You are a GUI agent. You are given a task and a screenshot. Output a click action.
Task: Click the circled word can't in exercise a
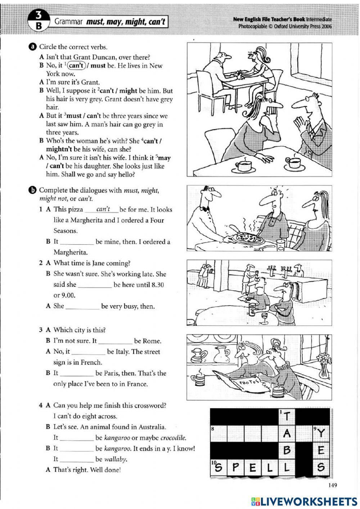point(76,66)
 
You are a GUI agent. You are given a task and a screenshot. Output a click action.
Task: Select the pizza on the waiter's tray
point(246,238)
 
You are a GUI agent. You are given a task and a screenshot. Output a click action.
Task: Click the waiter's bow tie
point(206,208)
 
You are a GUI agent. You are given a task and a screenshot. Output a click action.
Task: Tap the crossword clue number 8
point(213,429)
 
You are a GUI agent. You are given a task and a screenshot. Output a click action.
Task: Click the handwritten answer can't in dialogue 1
point(103,209)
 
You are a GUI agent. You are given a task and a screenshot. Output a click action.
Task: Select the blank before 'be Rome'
point(115,341)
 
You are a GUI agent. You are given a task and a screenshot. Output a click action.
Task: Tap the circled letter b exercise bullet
point(33,190)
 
